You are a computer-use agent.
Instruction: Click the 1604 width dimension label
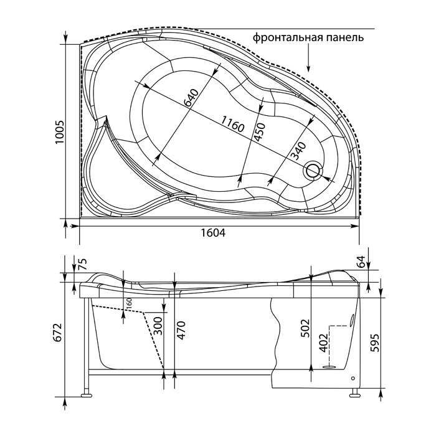[213, 233]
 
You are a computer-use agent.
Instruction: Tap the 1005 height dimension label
[60, 132]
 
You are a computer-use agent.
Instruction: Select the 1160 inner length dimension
[232, 125]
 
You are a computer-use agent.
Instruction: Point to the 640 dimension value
[191, 98]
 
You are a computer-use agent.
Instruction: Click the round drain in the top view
[314, 171]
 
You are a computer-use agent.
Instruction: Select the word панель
[344, 37]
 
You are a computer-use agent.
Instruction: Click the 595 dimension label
[375, 343]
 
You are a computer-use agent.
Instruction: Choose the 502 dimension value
[306, 328]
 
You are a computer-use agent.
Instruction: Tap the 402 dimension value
[324, 343]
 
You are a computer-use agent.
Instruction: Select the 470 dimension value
[181, 330]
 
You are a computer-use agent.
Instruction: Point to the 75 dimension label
[83, 264]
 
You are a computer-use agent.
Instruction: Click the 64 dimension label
[360, 262]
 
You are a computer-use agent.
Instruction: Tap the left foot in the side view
[86, 394]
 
